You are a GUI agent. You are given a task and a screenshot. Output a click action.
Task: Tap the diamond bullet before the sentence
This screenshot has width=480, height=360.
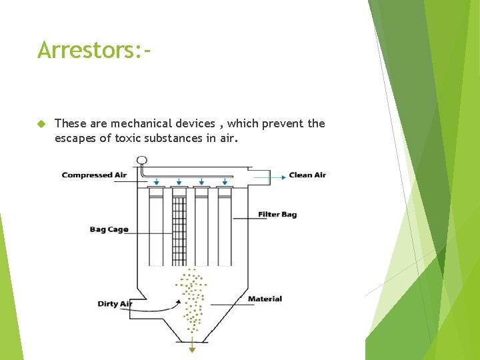click(41, 124)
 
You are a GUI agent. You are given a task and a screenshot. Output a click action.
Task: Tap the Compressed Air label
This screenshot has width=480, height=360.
click(94, 175)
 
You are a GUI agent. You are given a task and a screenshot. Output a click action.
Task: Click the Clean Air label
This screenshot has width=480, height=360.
click(307, 175)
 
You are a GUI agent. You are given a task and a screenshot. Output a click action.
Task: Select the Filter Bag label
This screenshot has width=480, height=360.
click(277, 215)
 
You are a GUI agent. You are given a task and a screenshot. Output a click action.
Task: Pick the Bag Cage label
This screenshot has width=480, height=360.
click(109, 230)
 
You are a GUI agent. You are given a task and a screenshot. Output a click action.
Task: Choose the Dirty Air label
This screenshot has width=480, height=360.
click(115, 304)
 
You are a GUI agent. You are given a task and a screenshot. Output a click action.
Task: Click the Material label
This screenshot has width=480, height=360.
click(265, 299)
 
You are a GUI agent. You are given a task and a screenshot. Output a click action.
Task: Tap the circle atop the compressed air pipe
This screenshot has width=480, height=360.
click(141, 160)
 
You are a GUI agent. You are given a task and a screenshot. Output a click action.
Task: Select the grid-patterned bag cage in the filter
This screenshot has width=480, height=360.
click(179, 227)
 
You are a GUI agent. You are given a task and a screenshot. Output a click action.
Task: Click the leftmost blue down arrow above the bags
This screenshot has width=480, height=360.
click(156, 181)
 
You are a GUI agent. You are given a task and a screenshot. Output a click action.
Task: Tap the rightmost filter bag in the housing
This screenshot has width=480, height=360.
click(224, 227)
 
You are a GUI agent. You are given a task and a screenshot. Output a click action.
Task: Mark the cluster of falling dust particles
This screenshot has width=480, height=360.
click(193, 300)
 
